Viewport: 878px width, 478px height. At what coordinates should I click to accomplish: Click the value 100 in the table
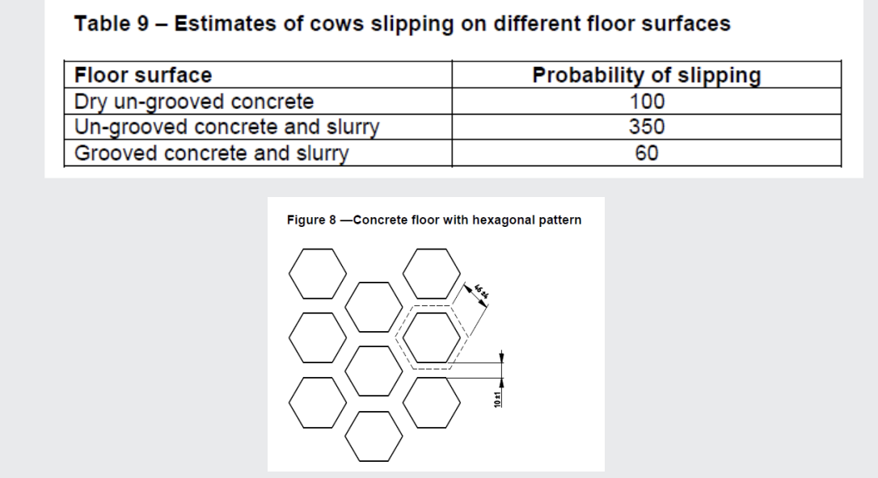point(646,102)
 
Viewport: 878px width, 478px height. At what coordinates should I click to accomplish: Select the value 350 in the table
point(646,128)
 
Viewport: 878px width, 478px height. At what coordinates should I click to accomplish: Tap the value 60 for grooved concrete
point(646,153)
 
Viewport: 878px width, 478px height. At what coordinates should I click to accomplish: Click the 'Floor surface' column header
point(143,76)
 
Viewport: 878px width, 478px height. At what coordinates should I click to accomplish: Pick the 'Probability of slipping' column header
point(646,76)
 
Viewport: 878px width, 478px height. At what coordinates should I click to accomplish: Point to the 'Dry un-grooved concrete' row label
point(194,102)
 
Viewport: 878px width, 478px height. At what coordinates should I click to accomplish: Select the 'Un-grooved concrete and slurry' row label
point(227,128)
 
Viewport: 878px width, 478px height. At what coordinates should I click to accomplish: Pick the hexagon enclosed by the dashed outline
point(430,337)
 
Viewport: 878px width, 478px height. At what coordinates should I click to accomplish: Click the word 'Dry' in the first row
point(91,102)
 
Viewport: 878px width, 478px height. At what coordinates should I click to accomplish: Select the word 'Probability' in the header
point(586,76)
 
